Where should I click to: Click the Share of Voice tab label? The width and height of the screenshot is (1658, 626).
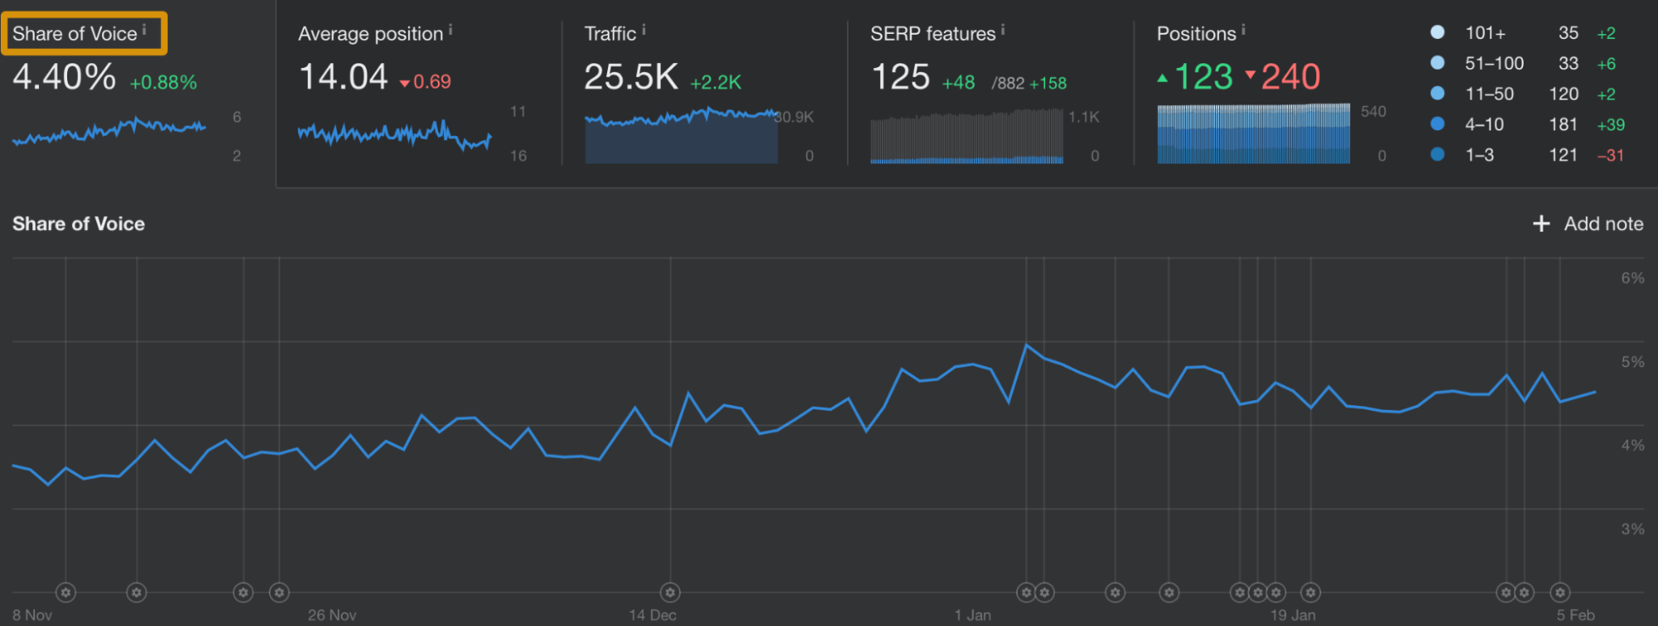(x=75, y=34)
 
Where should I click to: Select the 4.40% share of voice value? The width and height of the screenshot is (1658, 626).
(x=65, y=77)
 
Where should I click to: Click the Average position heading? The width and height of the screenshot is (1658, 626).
(x=370, y=34)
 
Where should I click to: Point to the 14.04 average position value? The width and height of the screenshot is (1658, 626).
(x=343, y=77)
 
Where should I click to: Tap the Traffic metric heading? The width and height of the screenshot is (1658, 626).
(x=610, y=34)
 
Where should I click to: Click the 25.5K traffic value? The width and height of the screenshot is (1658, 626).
(x=630, y=77)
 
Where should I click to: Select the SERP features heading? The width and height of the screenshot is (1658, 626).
(x=932, y=34)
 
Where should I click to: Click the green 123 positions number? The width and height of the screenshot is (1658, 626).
(x=1203, y=77)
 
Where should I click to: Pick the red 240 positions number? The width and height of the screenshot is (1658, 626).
(x=1290, y=77)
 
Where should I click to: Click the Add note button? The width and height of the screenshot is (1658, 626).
(x=1588, y=223)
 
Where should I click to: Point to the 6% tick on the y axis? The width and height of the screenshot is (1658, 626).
(x=1632, y=278)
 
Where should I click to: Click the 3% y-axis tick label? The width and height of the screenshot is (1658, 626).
(x=1632, y=529)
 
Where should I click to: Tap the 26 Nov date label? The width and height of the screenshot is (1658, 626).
(x=332, y=615)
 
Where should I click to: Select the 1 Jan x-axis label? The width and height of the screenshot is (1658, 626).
(x=972, y=615)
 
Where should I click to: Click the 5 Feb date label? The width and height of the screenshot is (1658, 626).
(x=1575, y=615)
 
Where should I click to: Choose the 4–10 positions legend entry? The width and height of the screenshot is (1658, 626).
(x=1484, y=125)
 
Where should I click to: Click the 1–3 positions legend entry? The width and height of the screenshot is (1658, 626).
(x=1479, y=154)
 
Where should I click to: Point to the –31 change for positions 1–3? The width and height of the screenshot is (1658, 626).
(x=1610, y=155)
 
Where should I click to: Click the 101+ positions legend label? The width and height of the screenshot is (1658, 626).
(x=1485, y=33)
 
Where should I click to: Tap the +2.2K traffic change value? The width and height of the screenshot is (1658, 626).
(x=716, y=83)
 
